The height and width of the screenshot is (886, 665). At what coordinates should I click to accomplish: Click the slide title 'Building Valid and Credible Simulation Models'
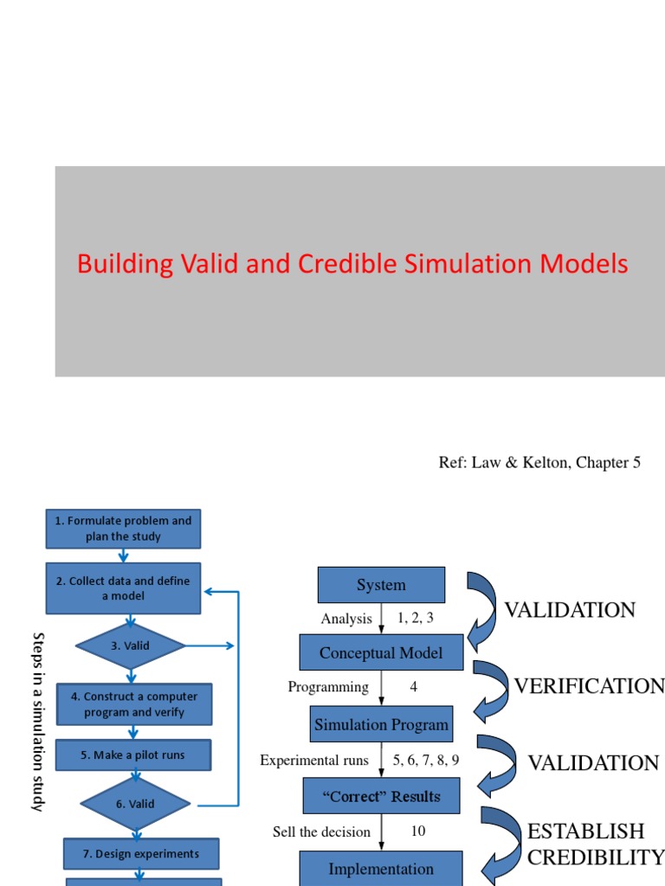point(352,264)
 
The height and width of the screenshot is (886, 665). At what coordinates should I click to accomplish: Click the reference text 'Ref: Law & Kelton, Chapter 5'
point(539,463)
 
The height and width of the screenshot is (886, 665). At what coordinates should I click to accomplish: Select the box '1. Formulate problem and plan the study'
point(123,529)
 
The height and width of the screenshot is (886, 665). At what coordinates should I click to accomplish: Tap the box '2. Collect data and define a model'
point(123,588)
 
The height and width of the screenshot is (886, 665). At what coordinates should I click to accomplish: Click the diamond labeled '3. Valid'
point(130,645)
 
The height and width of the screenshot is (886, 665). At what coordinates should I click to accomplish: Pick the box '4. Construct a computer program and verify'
point(133,704)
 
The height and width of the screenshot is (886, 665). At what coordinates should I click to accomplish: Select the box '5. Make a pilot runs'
point(132,754)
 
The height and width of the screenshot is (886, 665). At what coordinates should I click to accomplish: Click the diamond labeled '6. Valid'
point(135,804)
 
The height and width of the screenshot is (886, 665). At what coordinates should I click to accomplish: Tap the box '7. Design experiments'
point(140,854)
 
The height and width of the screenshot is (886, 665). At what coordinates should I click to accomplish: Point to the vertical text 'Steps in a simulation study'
point(37,721)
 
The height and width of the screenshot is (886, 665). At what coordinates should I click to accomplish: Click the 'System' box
point(381,585)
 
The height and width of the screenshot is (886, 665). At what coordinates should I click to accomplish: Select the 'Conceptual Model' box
point(381,652)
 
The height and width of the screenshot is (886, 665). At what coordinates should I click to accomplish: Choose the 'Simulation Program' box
point(381,725)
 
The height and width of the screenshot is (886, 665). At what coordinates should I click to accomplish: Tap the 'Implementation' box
point(381,868)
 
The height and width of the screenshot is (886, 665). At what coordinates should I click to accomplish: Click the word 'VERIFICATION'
point(589,686)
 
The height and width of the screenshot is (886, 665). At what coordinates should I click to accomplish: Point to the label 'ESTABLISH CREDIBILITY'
point(595,844)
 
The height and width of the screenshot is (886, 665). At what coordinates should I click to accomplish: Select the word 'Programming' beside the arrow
point(328,687)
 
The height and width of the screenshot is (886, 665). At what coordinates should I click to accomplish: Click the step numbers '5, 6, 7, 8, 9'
point(425,761)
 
